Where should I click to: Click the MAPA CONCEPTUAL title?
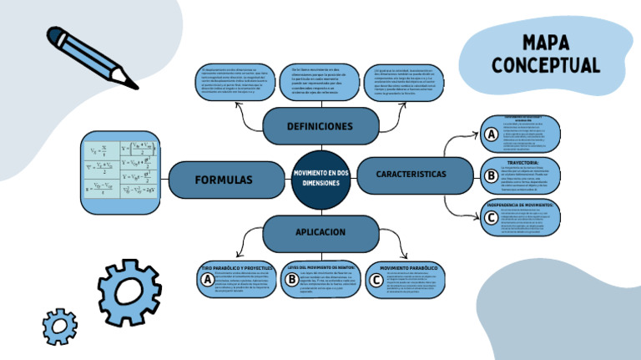pos(545,53)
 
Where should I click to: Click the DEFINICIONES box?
pos(320,126)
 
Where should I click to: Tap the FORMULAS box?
pos(223,180)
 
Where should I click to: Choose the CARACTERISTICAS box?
pos(411,174)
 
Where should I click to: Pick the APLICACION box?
pos(320,231)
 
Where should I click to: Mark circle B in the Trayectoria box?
pos(491,176)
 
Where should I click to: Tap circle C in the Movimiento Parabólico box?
pos(377,281)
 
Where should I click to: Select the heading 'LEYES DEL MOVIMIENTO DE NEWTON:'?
pos(321,267)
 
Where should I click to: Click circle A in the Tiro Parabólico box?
pos(206,281)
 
